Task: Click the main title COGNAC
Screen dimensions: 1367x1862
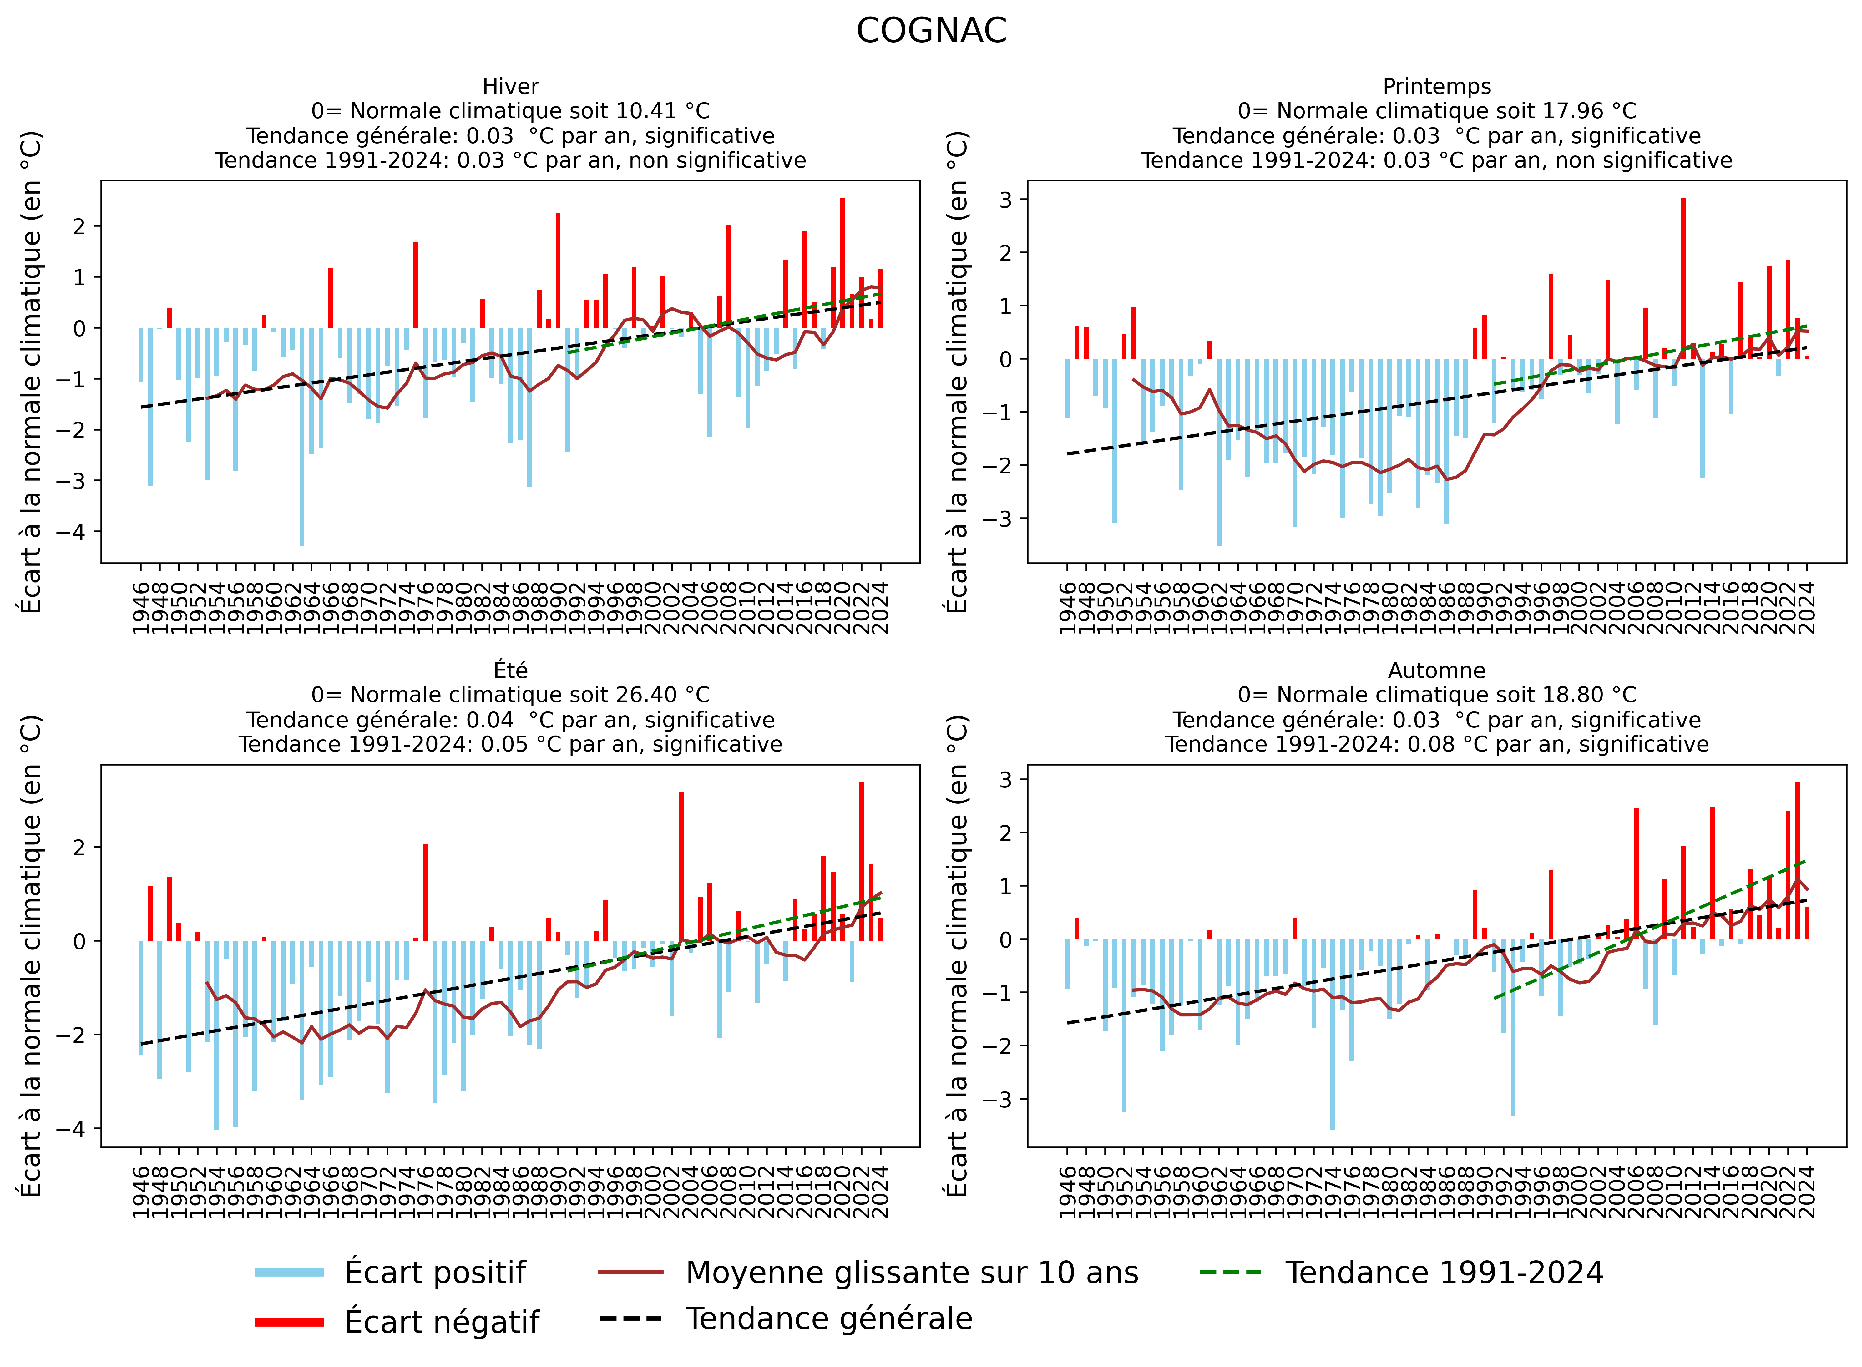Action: pos(931,32)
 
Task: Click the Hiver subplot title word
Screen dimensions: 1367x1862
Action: pos(511,87)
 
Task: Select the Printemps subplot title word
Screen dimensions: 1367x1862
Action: pos(1437,87)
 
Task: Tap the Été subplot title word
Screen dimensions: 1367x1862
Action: pos(511,670)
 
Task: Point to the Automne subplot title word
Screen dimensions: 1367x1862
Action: pos(1437,670)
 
